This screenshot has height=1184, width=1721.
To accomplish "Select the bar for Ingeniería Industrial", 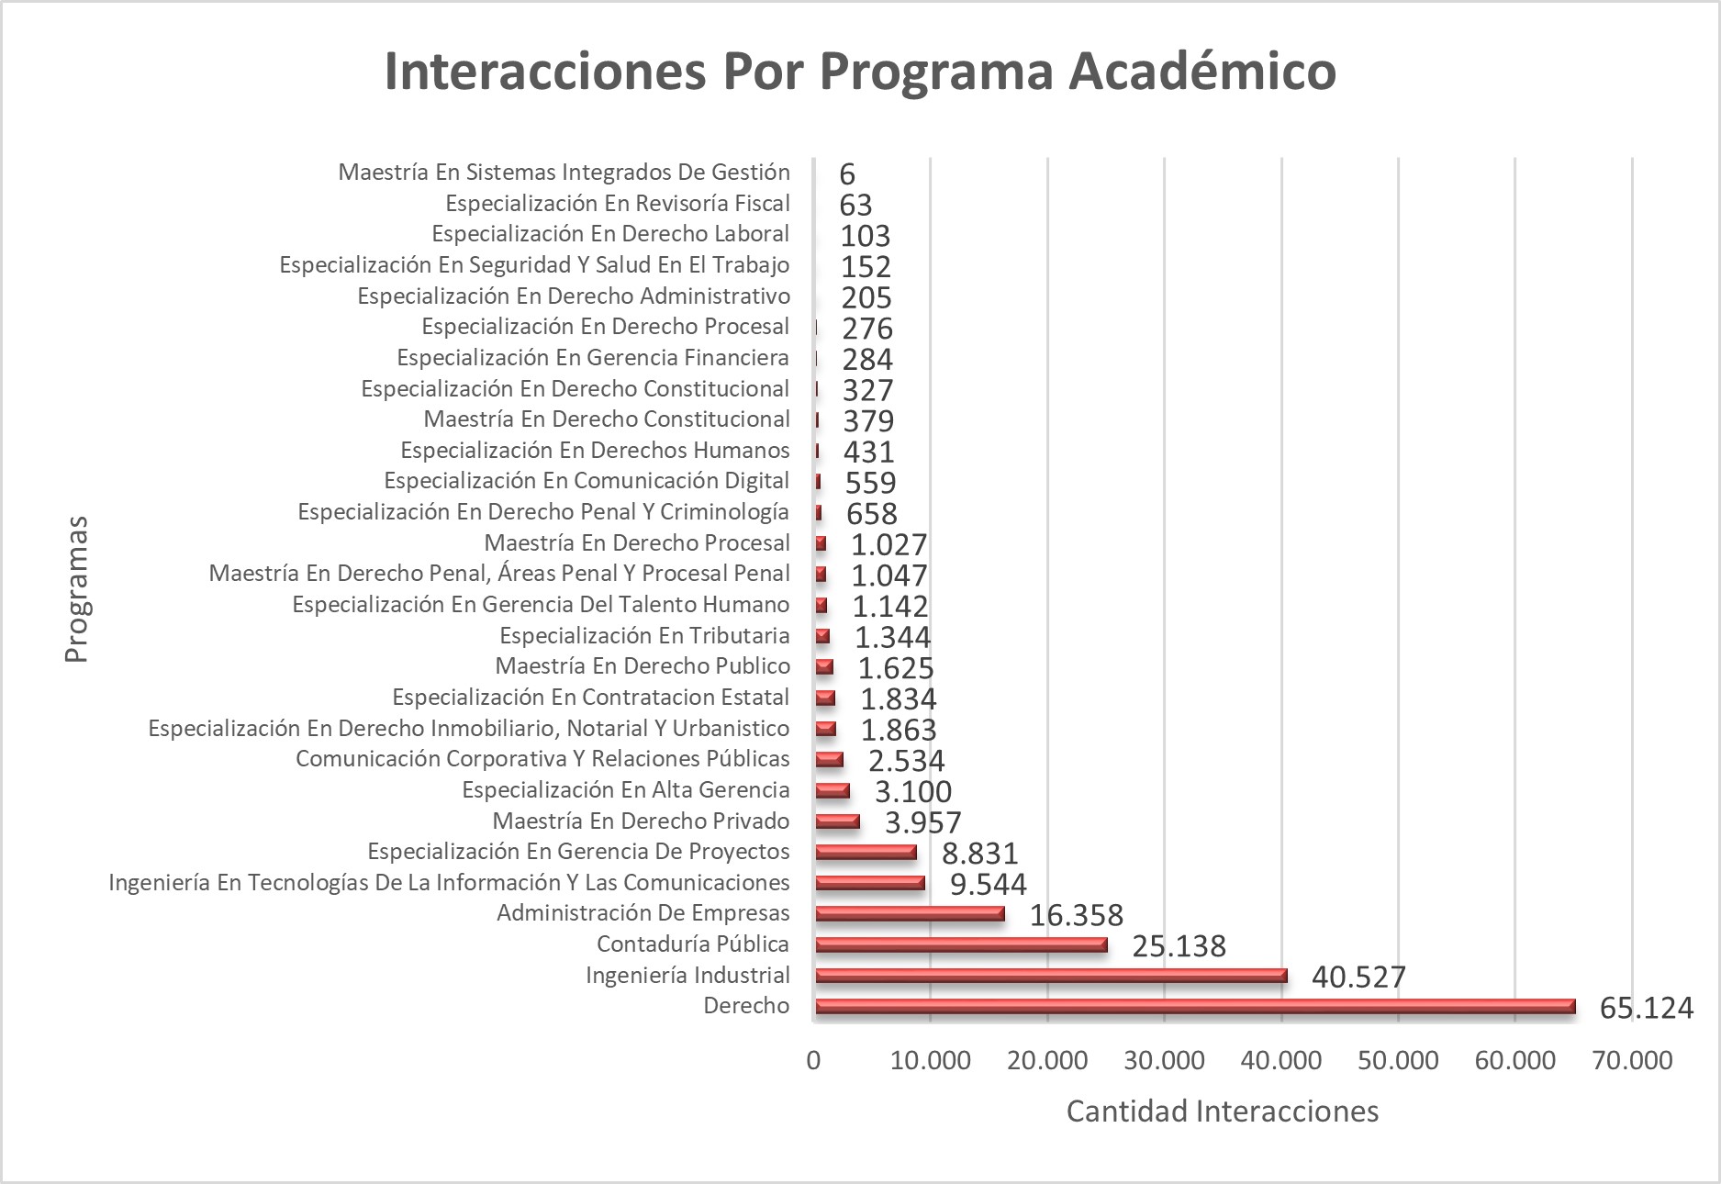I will (x=1051, y=976).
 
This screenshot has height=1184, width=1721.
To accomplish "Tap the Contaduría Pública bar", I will (x=961, y=945).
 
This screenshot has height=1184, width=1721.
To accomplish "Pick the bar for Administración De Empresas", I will (x=910, y=914).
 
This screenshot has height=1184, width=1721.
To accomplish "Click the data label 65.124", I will (x=1646, y=1008).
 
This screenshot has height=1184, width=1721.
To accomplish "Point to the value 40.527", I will (x=1358, y=977).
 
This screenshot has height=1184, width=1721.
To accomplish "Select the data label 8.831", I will (x=980, y=854).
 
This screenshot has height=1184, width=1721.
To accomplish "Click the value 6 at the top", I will (x=847, y=174).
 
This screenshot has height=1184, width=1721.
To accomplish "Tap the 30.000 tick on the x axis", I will (x=1164, y=1061).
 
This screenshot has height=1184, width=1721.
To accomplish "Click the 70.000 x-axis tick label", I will (x=1632, y=1061).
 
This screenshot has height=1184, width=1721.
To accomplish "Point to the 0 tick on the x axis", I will (x=814, y=1061).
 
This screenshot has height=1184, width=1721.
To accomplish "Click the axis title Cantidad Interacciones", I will (x=1222, y=1111).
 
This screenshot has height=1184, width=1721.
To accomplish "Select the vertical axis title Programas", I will (x=76, y=589).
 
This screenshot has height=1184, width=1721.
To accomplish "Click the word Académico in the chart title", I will (x=1201, y=71).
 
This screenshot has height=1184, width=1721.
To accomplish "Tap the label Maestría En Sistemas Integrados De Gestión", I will (x=564, y=172).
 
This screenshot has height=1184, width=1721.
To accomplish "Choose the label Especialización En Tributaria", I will (x=644, y=635).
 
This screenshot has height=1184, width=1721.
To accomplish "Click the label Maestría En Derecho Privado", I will (x=641, y=821).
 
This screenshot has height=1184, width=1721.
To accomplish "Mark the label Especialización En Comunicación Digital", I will (x=587, y=481).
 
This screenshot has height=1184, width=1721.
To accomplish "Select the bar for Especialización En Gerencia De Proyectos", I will (x=866, y=853).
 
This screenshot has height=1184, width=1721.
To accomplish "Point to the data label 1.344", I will (x=892, y=637).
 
